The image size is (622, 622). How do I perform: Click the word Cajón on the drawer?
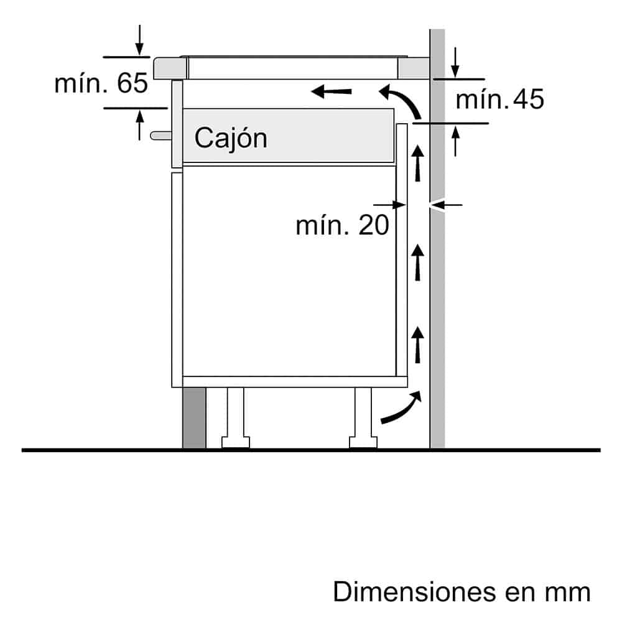click(x=230, y=137)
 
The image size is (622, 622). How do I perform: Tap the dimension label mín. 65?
click(x=101, y=83)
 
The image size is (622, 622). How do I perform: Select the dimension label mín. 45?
click(x=499, y=100)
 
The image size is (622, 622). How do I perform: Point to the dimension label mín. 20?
click(x=342, y=225)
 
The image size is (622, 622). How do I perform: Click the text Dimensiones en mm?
click(x=462, y=592)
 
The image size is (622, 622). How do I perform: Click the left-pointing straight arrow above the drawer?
click(x=332, y=93)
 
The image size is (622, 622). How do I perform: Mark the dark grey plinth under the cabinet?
click(x=194, y=418)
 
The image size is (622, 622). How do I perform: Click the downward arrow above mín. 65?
click(x=139, y=40)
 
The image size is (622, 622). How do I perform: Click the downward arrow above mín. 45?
click(x=457, y=62)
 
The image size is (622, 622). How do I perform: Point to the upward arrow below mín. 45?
click(x=457, y=140)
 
